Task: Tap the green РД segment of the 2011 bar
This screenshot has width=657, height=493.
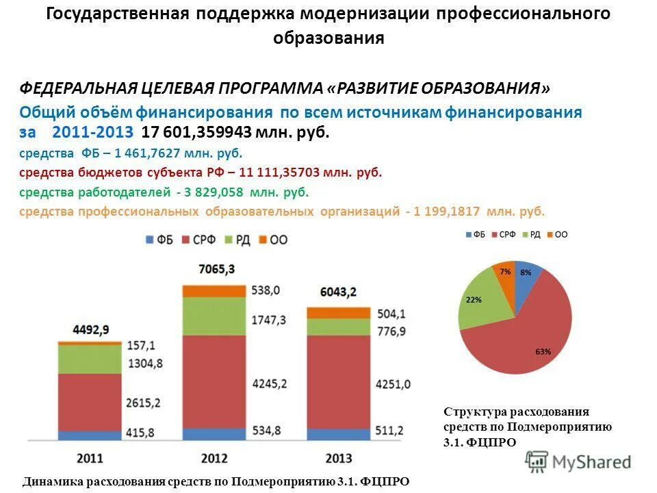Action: tap(90, 358)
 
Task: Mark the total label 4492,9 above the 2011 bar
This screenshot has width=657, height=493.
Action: tap(89, 329)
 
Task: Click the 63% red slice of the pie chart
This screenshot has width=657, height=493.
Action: tap(534, 336)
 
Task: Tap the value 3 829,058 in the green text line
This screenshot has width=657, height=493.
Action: tap(214, 192)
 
